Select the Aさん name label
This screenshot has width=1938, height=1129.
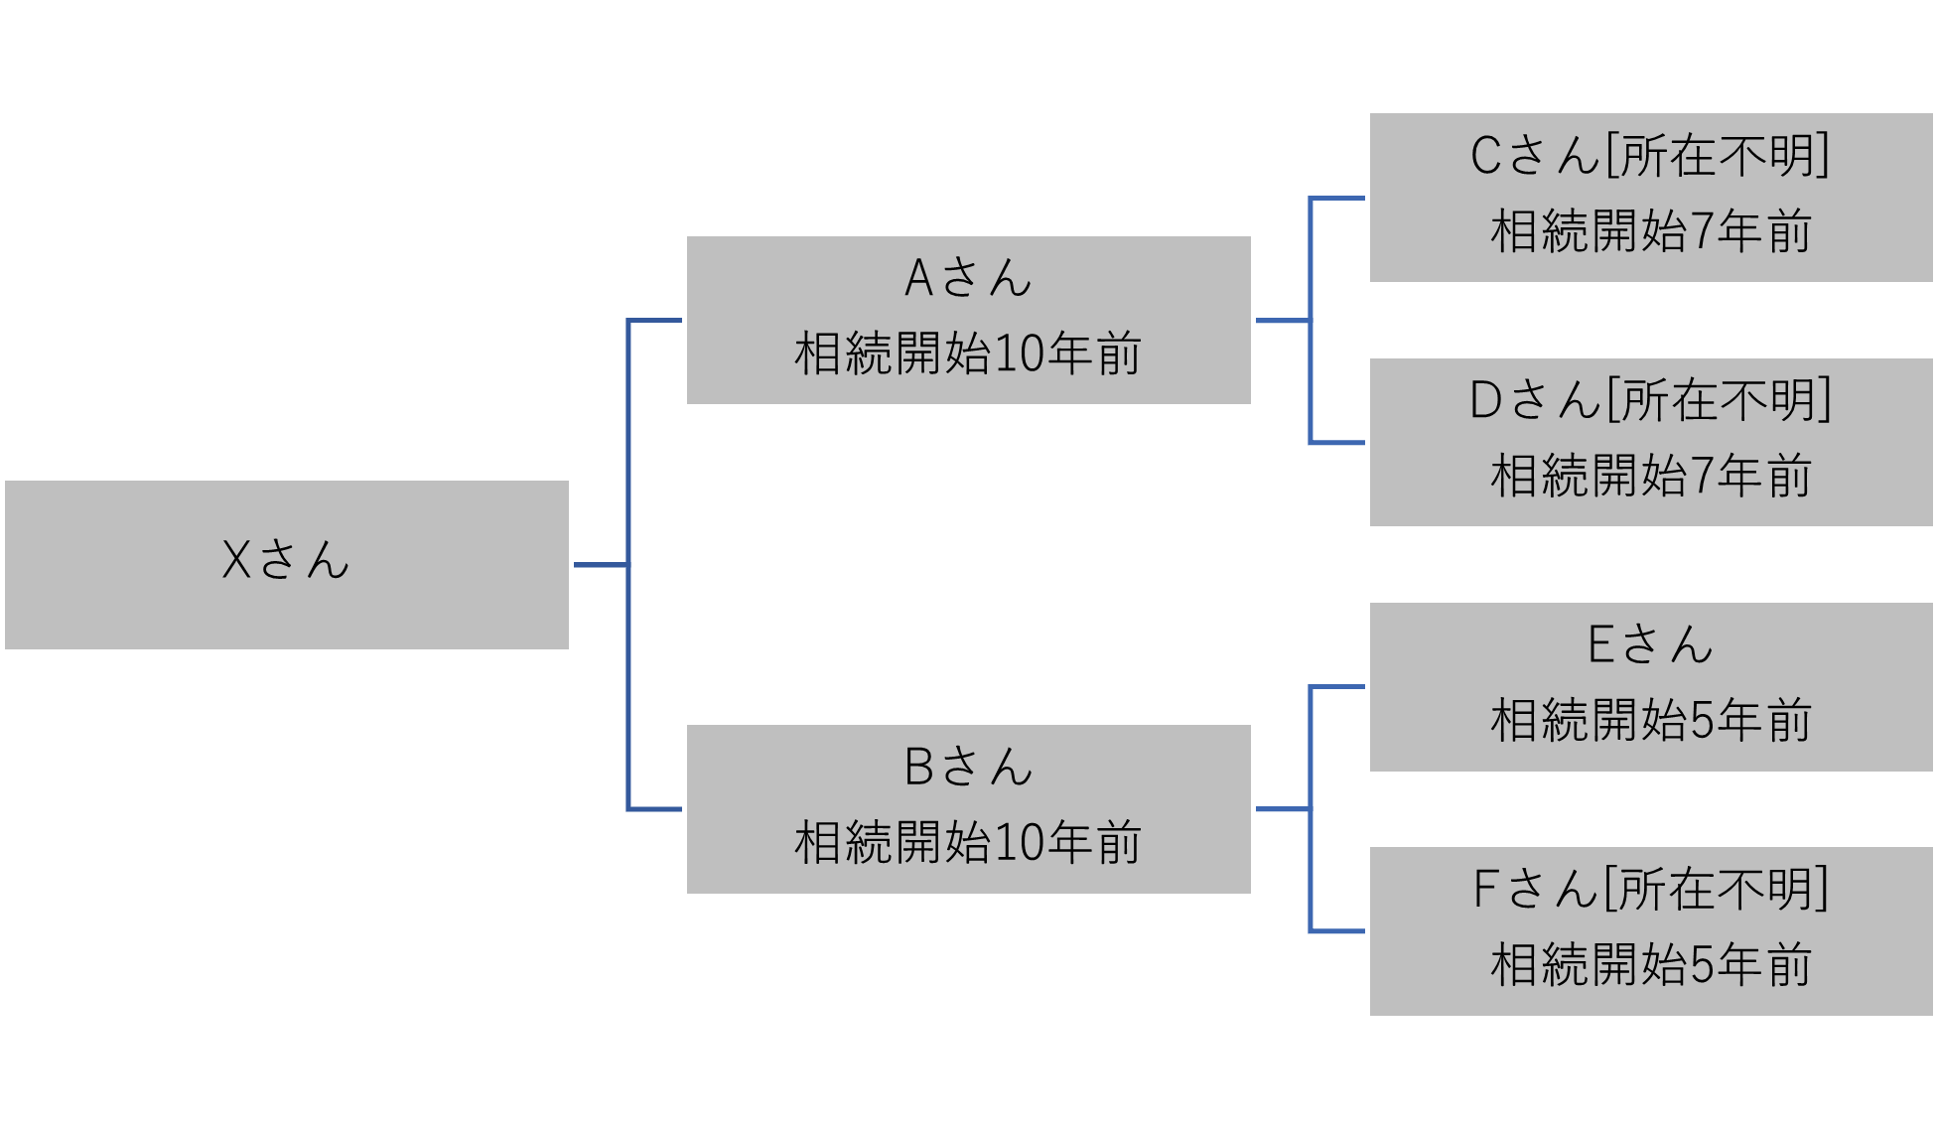point(968,278)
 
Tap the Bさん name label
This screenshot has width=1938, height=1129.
point(968,767)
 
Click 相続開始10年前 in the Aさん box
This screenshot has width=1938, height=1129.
point(968,353)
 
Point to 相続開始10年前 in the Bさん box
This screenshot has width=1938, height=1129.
point(968,842)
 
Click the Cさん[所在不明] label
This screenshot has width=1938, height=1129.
point(1650,156)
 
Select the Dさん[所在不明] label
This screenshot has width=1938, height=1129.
point(1650,400)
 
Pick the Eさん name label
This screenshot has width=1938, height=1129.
point(1650,644)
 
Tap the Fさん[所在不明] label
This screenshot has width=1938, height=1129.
point(1650,889)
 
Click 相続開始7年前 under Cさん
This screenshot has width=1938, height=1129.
point(1650,231)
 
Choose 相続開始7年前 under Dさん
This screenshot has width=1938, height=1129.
point(1650,476)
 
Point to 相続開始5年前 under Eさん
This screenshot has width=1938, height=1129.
point(1650,720)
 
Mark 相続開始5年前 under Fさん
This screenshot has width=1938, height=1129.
point(1650,964)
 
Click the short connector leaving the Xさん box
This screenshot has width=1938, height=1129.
point(600,565)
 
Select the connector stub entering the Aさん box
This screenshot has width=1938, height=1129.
point(655,321)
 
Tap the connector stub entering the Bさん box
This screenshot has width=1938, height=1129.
point(655,809)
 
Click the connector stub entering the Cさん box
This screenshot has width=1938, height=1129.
point(1338,199)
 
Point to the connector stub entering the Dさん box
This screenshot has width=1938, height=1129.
point(1338,443)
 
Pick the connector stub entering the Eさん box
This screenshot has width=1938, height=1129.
point(1338,687)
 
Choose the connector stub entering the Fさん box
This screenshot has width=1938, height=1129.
point(1338,931)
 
